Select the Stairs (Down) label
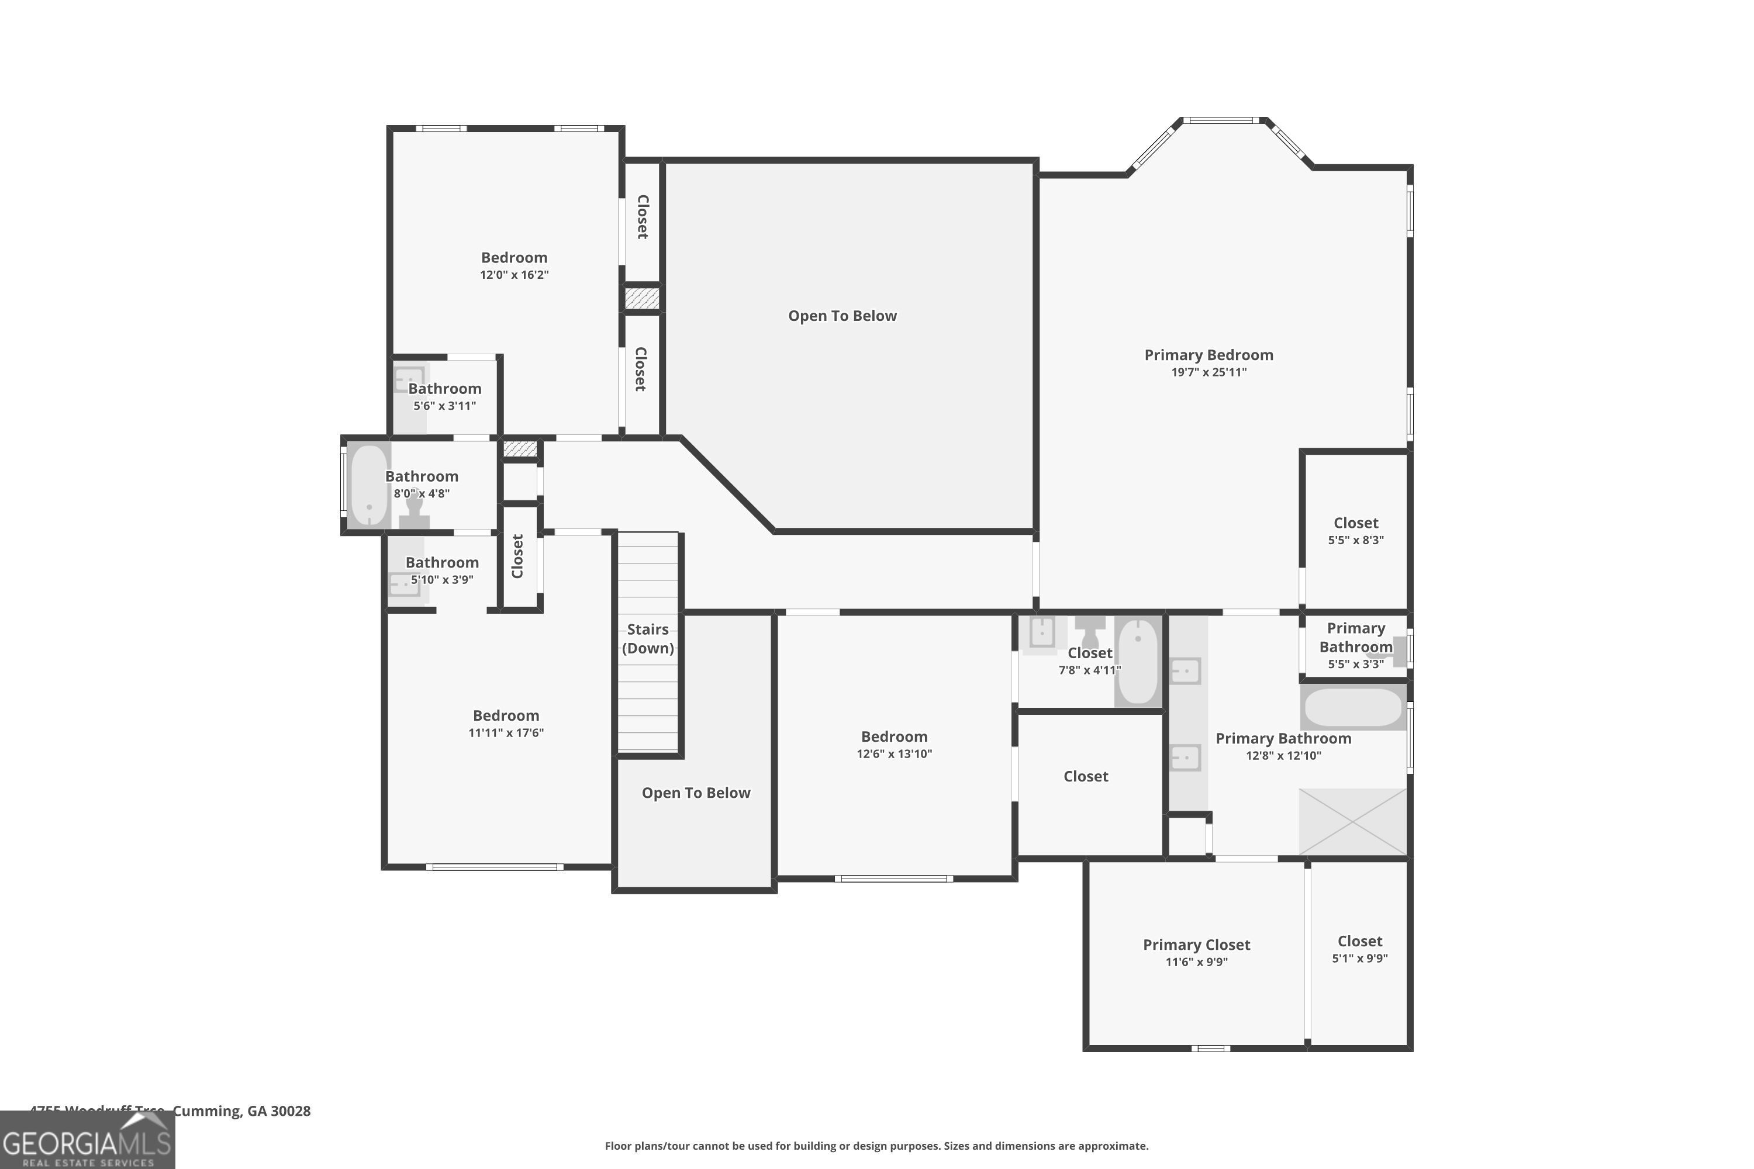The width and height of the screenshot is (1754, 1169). (x=647, y=639)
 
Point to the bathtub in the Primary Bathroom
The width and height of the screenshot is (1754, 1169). (x=1353, y=707)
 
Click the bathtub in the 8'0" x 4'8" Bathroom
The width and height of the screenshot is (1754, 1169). (x=369, y=485)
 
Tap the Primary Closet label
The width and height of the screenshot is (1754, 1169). (x=1196, y=945)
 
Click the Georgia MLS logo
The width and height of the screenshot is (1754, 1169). (x=87, y=1142)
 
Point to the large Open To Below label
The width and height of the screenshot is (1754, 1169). (x=842, y=316)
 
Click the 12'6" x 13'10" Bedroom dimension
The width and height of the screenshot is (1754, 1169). (x=893, y=754)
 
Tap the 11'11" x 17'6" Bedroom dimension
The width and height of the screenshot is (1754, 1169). (x=506, y=733)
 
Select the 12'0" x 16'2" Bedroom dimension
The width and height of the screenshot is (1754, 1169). (x=514, y=274)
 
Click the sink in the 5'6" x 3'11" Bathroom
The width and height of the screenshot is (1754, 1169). (x=408, y=379)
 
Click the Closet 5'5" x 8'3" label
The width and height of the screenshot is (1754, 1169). (x=1355, y=523)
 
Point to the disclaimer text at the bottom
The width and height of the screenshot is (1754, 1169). (x=876, y=1146)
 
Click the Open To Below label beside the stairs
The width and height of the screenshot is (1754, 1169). (x=696, y=793)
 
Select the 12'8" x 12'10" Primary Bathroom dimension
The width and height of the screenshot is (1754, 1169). (x=1283, y=755)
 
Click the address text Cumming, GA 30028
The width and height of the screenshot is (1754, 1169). (x=241, y=1111)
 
